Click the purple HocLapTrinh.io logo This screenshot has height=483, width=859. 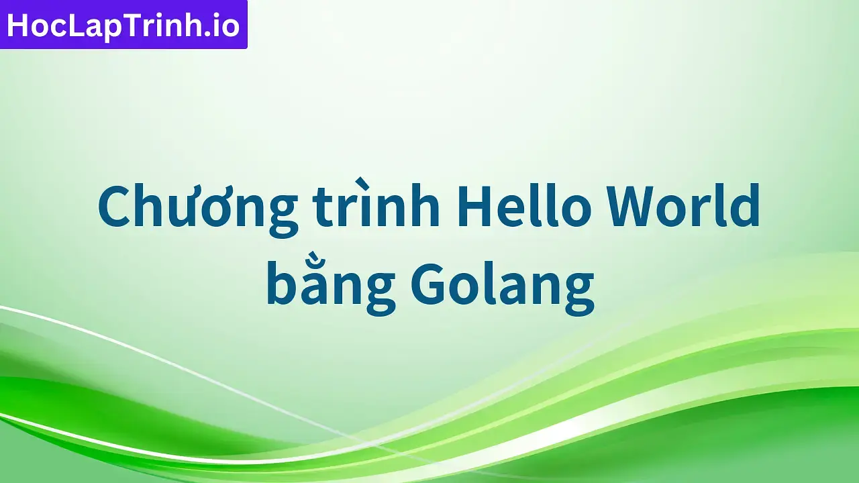pyautogui.click(x=123, y=25)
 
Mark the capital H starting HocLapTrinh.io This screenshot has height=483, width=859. pyautogui.click(x=17, y=25)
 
